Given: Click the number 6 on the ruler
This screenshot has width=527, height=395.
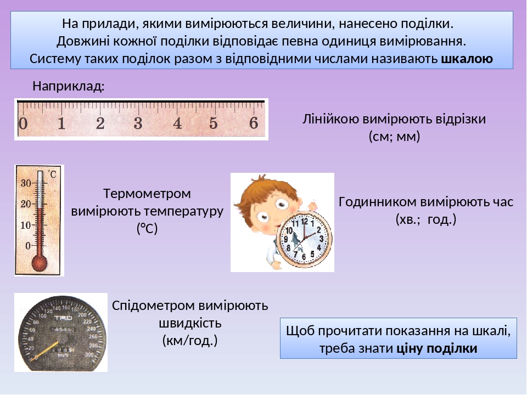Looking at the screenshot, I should point(254,123).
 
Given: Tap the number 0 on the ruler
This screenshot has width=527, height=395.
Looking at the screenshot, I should point(23,123).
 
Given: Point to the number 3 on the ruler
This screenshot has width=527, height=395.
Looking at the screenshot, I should point(138,123).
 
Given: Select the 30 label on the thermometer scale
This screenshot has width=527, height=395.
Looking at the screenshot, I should point(25,184).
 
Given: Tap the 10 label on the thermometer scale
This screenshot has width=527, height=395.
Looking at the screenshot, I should point(25,225).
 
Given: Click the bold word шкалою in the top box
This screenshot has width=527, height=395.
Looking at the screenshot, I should point(467,58).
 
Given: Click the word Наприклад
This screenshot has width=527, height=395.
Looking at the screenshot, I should point(68,86).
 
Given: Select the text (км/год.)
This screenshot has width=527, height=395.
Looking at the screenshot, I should point(190,341).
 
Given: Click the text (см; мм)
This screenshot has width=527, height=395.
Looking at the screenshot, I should point(394,137).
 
